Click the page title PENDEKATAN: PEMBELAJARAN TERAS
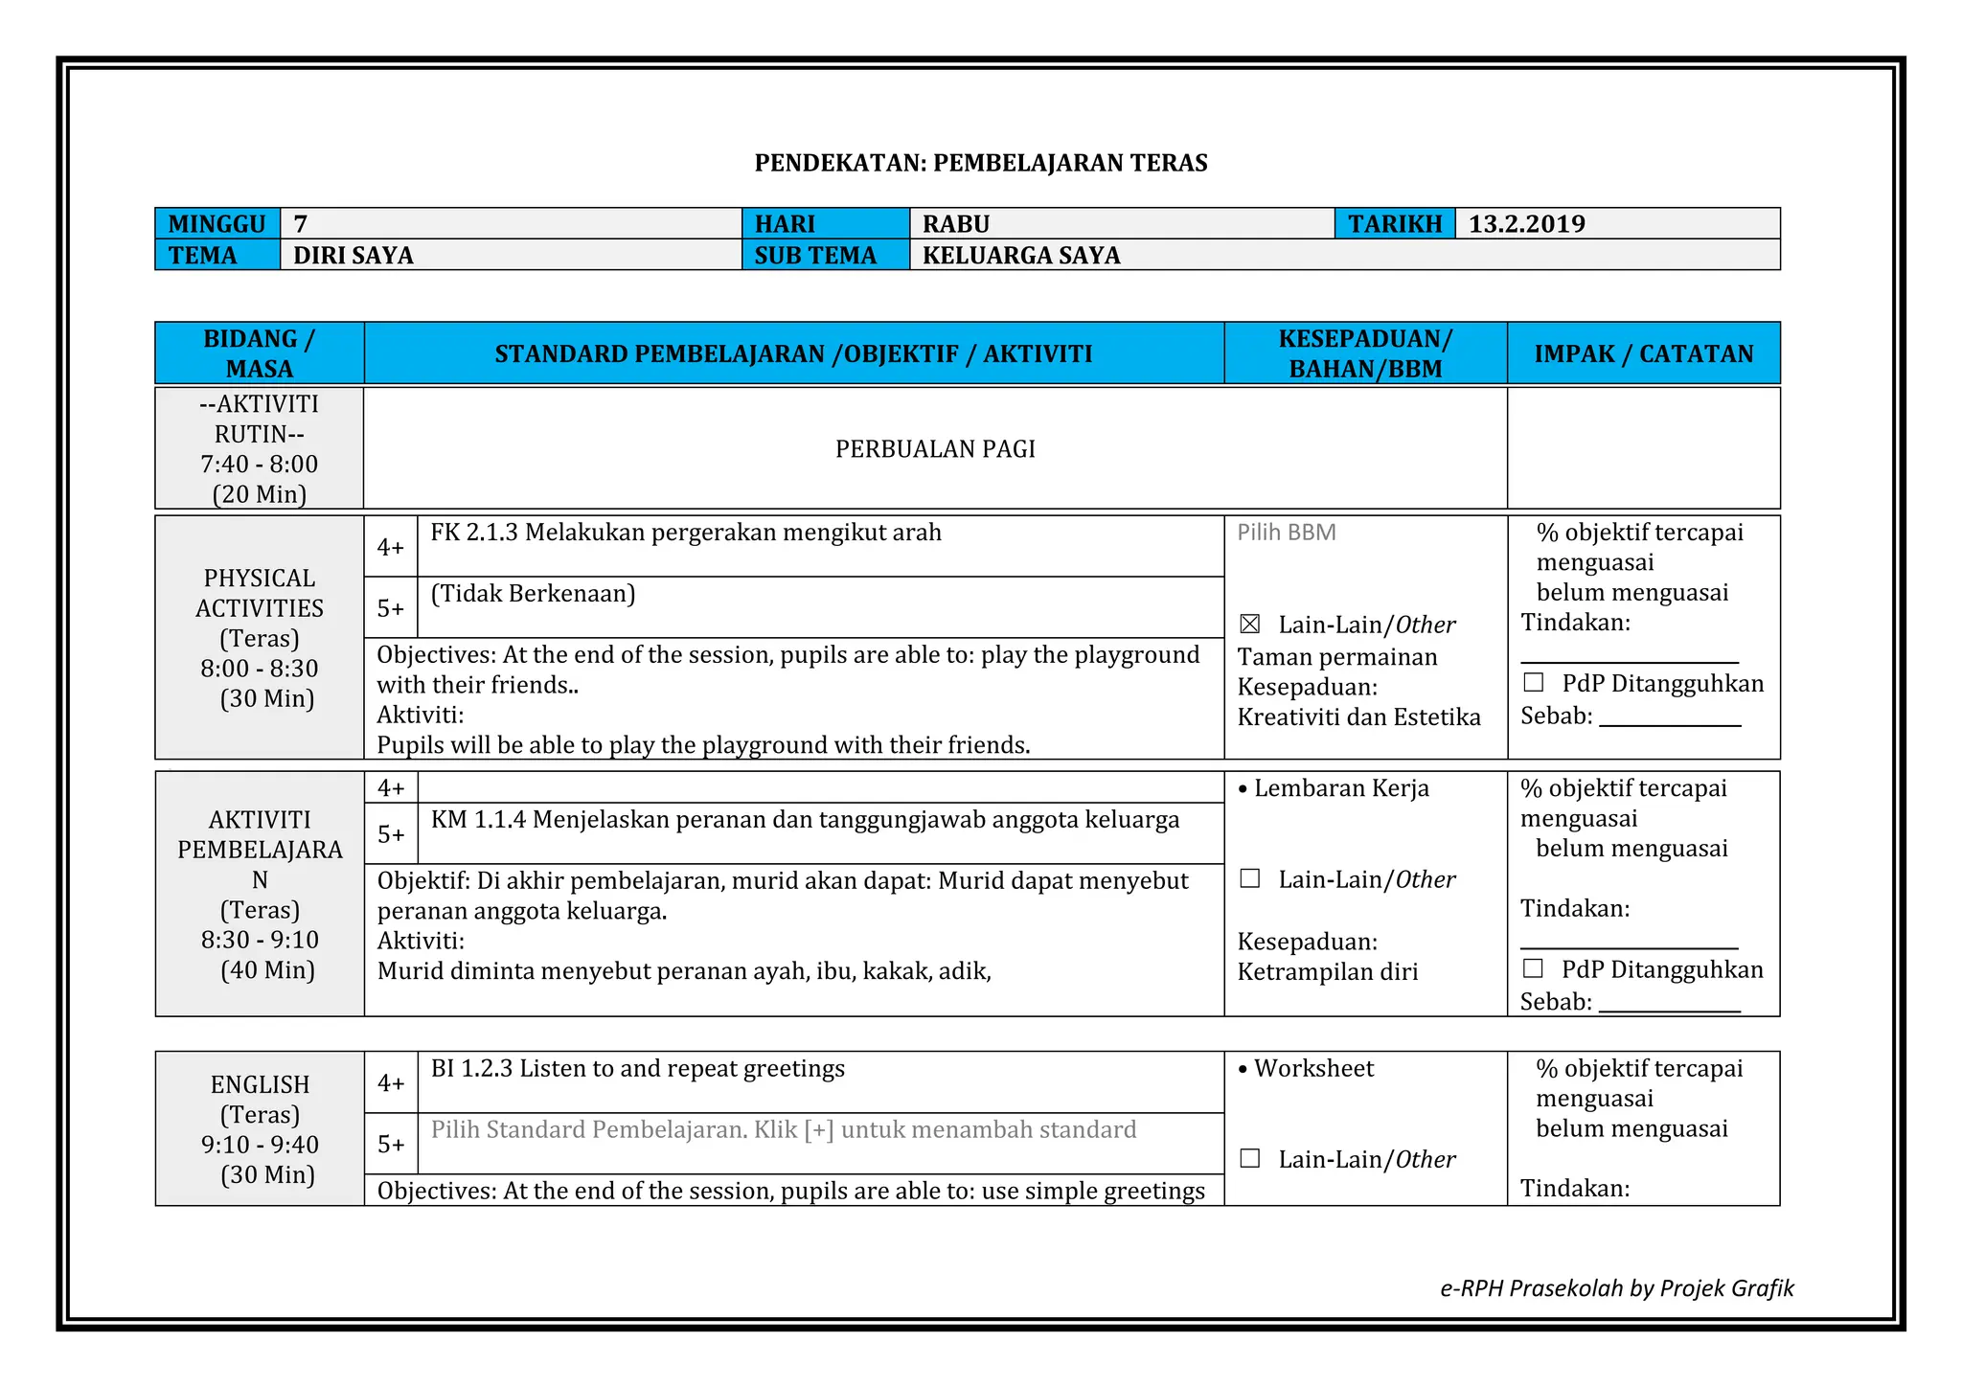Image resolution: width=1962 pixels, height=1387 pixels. tap(980, 163)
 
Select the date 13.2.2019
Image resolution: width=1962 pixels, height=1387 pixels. tap(1526, 224)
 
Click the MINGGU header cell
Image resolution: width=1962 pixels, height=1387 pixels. tap(217, 224)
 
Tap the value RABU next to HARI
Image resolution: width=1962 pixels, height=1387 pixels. tap(955, 224)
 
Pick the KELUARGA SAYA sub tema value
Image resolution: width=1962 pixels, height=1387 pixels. tap(1020, 256)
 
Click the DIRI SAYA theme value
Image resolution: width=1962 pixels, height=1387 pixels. tap(353, 256)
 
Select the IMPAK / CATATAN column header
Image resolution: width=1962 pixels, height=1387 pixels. tap(1643, 353)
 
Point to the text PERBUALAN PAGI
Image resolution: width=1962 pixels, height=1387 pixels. tap(935, 449)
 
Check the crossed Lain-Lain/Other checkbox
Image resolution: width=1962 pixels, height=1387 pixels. tap(1249, 625)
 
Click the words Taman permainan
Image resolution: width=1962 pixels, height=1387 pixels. tap(1336, 657)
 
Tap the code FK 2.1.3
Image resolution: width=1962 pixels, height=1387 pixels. tap(473, 533)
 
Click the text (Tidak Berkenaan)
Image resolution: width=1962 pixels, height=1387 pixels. tap(533, 594)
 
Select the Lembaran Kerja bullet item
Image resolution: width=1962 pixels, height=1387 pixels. tap(1340, 788)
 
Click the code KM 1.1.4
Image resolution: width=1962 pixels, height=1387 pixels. tap(478, 820)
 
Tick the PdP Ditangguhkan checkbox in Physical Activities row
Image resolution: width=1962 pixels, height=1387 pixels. tap(1533, 683)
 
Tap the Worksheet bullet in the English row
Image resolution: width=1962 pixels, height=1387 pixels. tap(1312, 1069)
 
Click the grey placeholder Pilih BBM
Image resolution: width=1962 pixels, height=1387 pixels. tap(1286, 533)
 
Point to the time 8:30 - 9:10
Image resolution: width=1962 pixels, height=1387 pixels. tap(260, 940)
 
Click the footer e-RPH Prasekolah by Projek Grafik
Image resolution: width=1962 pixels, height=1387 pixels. tap(1616, 1288)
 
